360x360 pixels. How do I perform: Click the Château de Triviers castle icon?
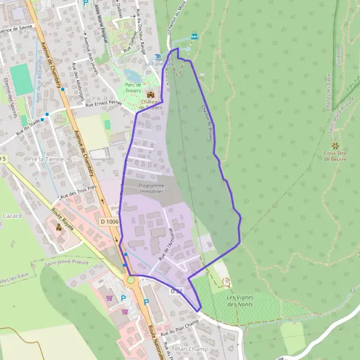[151, 95]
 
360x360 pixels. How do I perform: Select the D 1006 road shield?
[110, 222]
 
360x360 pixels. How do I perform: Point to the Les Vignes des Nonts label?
[240, 301]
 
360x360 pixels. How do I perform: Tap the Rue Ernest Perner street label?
[103, 104]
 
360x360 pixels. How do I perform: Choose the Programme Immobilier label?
[151, 188]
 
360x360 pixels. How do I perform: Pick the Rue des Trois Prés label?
[78, 193]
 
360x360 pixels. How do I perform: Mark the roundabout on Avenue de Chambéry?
[131, 280]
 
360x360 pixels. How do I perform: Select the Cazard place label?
[12, 215]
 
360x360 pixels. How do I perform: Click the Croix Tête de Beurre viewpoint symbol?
[335, 146]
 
